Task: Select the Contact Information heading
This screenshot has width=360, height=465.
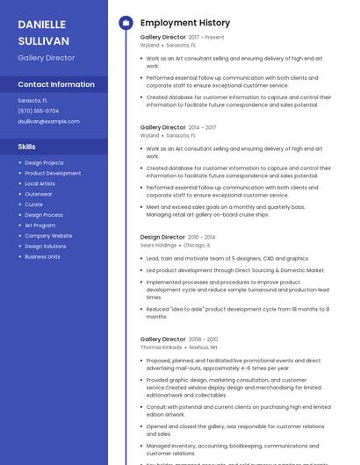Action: click(56, 85)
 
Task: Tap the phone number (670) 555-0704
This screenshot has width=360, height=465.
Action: click(39, 111)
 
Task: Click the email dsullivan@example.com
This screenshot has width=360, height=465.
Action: click(42, 121)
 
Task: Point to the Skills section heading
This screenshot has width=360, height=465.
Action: click(27, 147)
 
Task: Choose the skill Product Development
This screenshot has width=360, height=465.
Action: click(53, 173)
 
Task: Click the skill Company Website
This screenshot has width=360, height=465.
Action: click(48, 236)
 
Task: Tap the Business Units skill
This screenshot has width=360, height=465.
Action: click(42, 257)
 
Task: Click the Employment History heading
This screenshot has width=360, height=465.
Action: click(185, 23)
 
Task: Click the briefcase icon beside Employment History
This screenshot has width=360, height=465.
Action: click(126, 23)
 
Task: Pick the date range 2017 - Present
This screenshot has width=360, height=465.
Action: click(206, 38)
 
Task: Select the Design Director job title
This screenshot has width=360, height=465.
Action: click(162, 237)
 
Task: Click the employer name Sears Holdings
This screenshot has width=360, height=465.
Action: click(158, 246)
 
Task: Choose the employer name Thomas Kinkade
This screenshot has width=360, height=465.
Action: click(162, 347)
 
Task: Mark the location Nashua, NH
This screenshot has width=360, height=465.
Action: click(203, 347)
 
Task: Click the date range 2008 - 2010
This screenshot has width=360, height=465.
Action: click(203, 339)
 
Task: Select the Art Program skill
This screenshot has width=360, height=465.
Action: click(40, 225)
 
